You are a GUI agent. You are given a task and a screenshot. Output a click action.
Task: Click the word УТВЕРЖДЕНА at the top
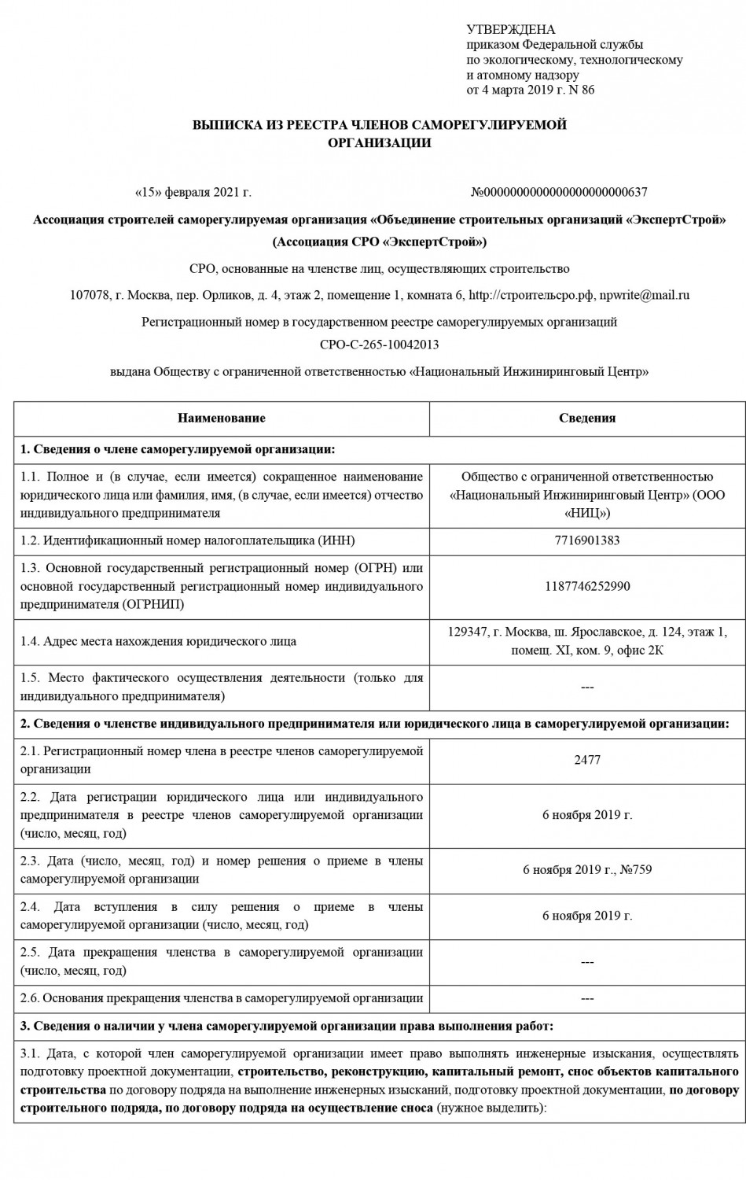[x=510, y=30]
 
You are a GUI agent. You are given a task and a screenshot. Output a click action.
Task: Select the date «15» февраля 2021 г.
[x=193, y=192]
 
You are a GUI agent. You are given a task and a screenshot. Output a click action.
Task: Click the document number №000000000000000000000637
[x=559, y=192]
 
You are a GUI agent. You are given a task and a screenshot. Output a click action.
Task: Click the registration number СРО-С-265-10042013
[x=380, y=345]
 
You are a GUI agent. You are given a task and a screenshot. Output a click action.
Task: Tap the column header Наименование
[x=221, y=419]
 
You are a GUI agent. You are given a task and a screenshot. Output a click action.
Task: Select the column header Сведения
[x=587, y=419]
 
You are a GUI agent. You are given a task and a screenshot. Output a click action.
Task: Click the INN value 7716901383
[x=587, y=540]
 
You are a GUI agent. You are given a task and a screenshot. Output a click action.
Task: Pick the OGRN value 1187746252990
[x=587, y=586]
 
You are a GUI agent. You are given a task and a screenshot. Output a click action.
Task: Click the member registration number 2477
[x=587, y=760]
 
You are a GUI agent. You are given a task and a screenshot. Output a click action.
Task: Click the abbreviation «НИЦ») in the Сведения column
[x=587, y=514]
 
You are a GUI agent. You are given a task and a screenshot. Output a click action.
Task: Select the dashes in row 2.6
[x=587, y=999]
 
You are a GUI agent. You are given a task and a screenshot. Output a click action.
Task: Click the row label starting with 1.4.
[x=158, y=641]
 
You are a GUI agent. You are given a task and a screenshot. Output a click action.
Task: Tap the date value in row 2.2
[x=587, y=815]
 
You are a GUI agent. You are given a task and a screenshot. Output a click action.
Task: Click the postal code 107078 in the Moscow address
[x=89, y=296]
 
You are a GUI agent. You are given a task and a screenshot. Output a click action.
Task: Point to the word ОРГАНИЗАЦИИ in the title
[x=380, y=143]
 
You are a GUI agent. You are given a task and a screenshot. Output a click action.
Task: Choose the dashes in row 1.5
[x=587, y=688]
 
